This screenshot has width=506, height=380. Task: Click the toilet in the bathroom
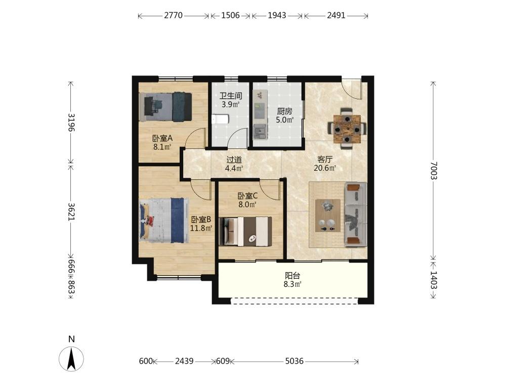(221, 119)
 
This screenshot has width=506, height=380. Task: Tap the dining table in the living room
(347, 129)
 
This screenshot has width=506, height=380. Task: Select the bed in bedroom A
(165, 106)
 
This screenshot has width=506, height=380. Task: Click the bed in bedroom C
(245, 231)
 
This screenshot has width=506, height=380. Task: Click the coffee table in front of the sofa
(327, 215)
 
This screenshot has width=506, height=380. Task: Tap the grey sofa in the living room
(356, 214)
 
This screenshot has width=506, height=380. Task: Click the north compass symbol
(71, 358)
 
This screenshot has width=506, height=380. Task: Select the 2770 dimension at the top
(173, 15)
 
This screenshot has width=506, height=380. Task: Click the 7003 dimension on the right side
(433, 170)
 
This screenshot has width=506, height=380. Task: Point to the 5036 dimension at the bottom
(294, 361)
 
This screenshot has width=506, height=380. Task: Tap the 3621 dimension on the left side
(71, 212)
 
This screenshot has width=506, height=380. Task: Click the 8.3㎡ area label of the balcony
(292, 284)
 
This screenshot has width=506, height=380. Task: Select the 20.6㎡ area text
(325, 168)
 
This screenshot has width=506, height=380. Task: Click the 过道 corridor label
(234, 160)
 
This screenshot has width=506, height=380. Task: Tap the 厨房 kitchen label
(284, 111)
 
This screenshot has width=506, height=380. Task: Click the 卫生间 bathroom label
(231, 96)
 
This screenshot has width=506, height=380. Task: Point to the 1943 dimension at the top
(277, 15)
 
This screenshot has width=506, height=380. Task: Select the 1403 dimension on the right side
(433, 280)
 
